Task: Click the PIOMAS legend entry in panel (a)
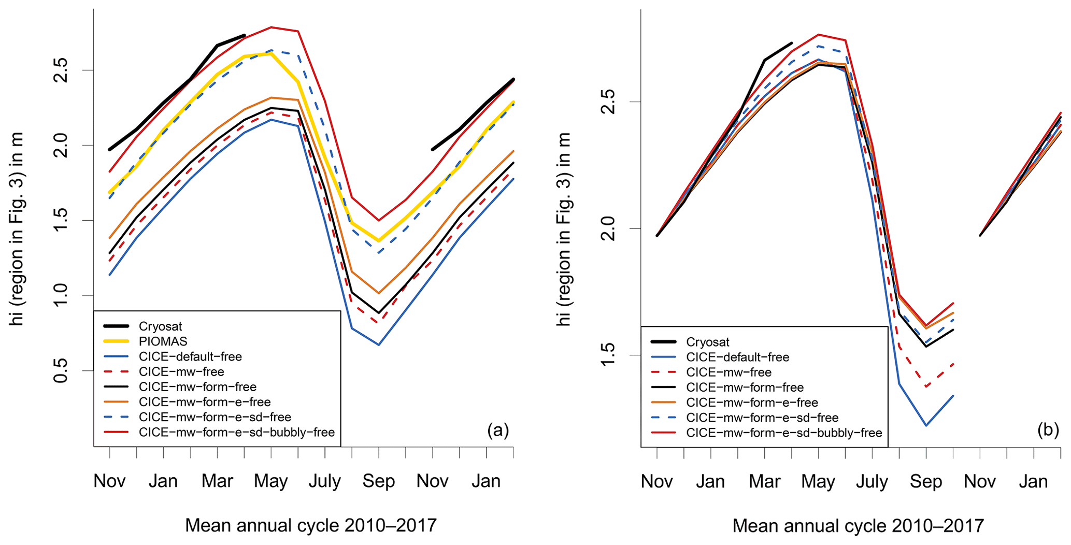(x=163, y=341)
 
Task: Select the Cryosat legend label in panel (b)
(x=707, y=342)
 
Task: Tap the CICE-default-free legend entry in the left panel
(x=190, y=356)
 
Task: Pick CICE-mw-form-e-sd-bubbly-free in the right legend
(x=783, y=433)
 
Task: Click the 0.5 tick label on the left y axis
(x=61, y=370)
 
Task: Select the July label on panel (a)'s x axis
(x=325, y=481)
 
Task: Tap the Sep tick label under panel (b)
(x=926, y=481)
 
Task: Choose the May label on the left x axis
(x=271, y=481)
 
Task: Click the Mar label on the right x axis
(x=765, y=481)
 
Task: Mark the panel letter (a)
(x=498, y=430)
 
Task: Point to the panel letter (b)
(x=1048, y=430)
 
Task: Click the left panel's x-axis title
(x=311, y=525)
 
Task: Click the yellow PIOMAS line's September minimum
(x=379, y=241)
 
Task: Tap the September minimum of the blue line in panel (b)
(x=926, y=426)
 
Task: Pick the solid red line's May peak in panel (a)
(x=271, y=27)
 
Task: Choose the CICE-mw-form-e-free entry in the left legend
(x=204, y=401)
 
